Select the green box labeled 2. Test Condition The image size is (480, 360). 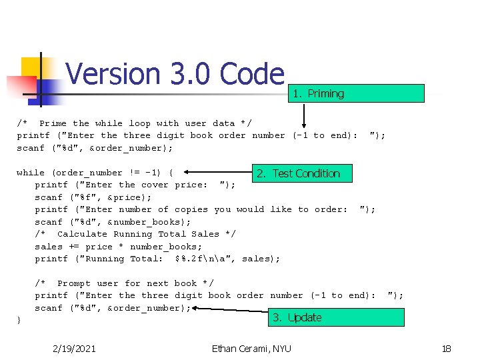pyautogui.click(x=303, y=173)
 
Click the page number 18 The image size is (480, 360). pyautogui.click(x=446, y=348)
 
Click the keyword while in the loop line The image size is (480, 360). pyautogui.click(x=31, y=173)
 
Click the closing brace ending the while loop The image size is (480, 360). pyautogui.click(x=19, y=321)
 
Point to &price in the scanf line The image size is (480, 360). pyautogui.click(x=125, y=197)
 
